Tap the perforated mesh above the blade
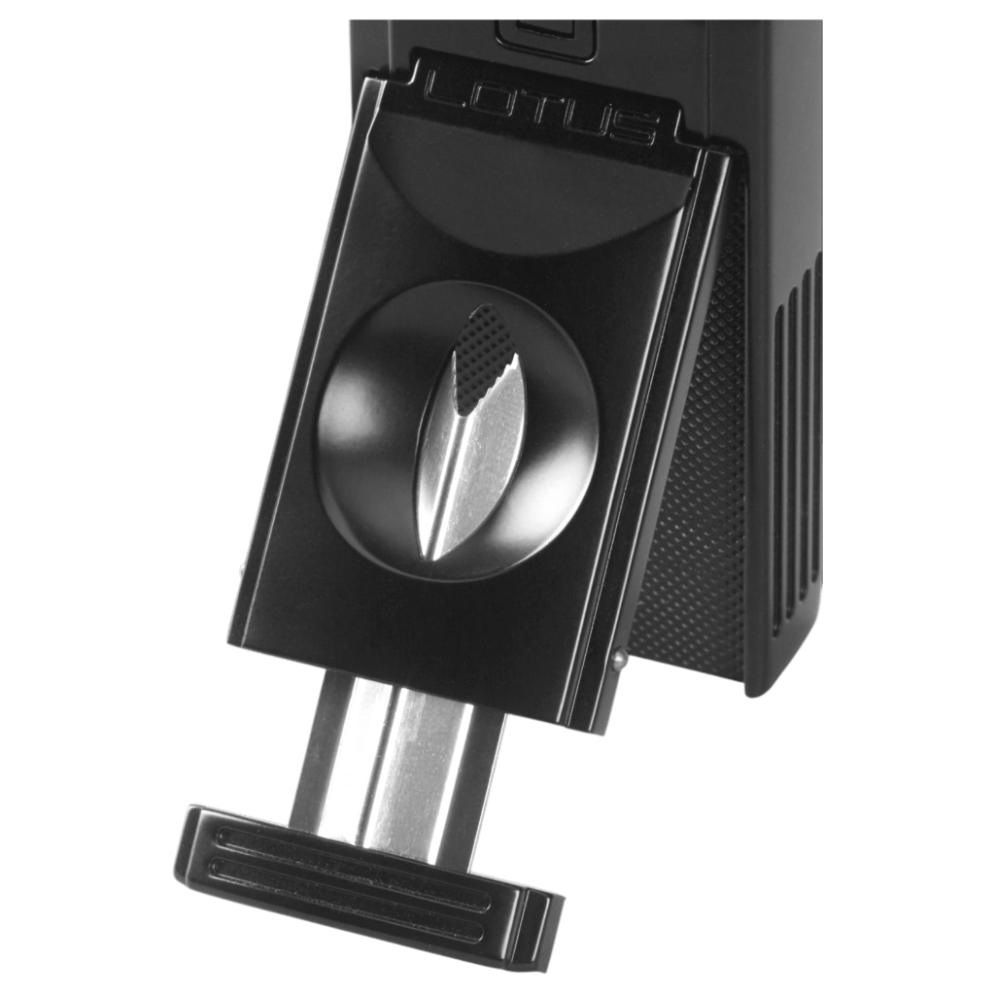[x=487, y=357]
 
